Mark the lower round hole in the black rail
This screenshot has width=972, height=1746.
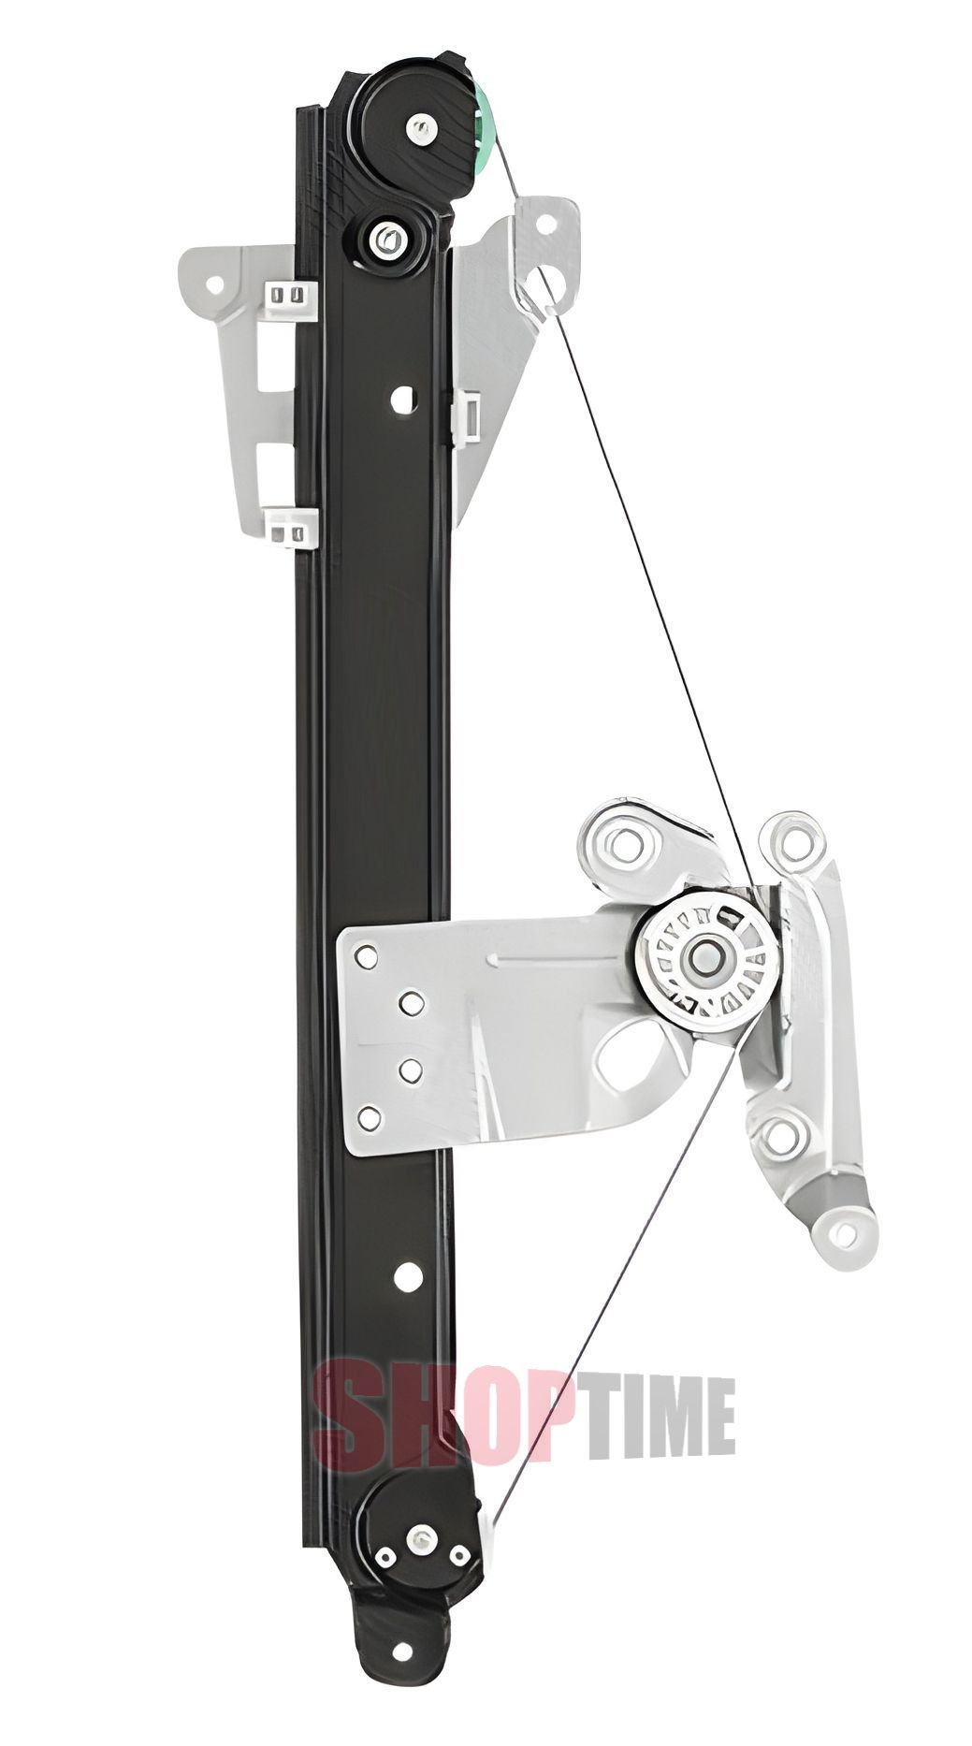tap(407, 1272)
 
